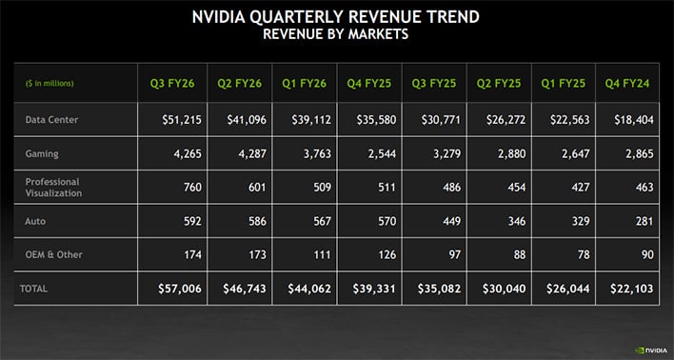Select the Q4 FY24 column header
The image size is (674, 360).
tap(626, 82)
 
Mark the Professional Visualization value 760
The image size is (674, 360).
tap(191, 187)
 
